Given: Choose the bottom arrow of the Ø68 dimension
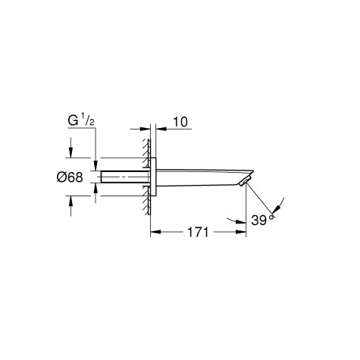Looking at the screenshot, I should point(70,199).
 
